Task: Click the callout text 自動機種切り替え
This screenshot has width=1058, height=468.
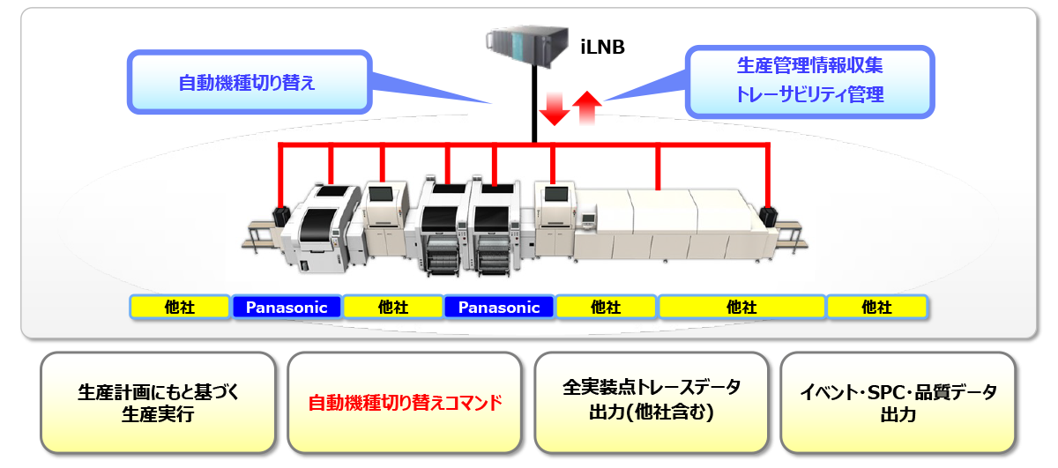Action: (x=247, y=84)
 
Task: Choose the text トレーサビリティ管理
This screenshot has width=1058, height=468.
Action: (x=809, y=94)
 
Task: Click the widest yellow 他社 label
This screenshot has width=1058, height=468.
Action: (x=741, y=308)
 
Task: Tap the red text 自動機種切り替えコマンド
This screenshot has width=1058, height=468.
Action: (x=405, y=404)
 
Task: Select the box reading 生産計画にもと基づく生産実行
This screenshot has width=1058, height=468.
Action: (x=159, y=404)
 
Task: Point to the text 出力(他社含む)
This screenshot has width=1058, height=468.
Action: (x=652, y=413)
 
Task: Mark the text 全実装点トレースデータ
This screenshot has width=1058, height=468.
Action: (x=652, y=388)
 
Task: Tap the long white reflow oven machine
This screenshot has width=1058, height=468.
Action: (x=670, y=225)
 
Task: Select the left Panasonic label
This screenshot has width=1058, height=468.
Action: (x=287, y=308)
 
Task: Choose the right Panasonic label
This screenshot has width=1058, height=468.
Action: (x=499, y=308)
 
